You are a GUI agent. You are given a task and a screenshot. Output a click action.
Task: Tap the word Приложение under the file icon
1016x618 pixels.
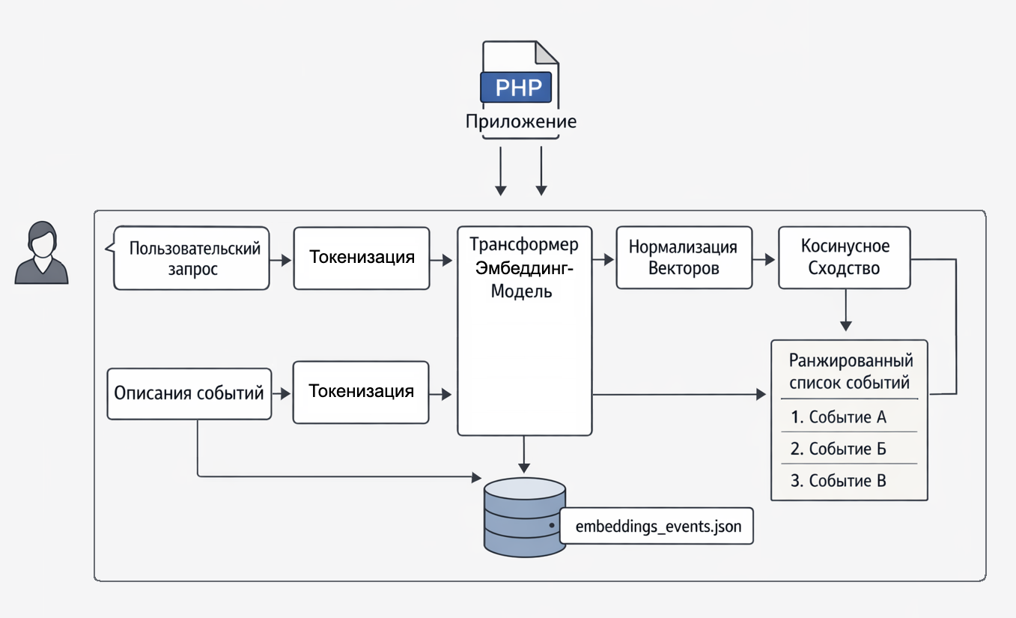pos(521,121)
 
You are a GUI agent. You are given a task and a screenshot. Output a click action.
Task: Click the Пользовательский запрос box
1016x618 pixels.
pos(192,258)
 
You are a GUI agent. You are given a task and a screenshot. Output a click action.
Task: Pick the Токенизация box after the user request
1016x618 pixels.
pos(362,258)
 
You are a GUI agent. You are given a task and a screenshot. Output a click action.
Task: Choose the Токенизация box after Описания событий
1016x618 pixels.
pos(361,392)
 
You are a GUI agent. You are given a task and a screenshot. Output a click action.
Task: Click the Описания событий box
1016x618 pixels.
pos(189,393)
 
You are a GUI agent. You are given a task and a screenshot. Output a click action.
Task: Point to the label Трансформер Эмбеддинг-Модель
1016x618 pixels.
pos(524,268)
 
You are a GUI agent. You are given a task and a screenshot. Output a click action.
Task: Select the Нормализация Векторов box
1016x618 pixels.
pos(684,258)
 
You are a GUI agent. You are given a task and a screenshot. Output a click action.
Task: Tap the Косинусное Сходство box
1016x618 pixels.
pos(845,258)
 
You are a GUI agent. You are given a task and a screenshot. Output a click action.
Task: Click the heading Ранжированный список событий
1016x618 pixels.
pos(849,372)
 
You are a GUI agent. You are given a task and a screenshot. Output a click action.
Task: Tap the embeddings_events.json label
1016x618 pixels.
pos(658,527)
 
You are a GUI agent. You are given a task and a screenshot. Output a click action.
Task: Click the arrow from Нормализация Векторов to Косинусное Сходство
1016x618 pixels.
pos(764,259)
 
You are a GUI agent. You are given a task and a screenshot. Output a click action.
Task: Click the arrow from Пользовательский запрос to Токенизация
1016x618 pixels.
pos(281,261)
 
